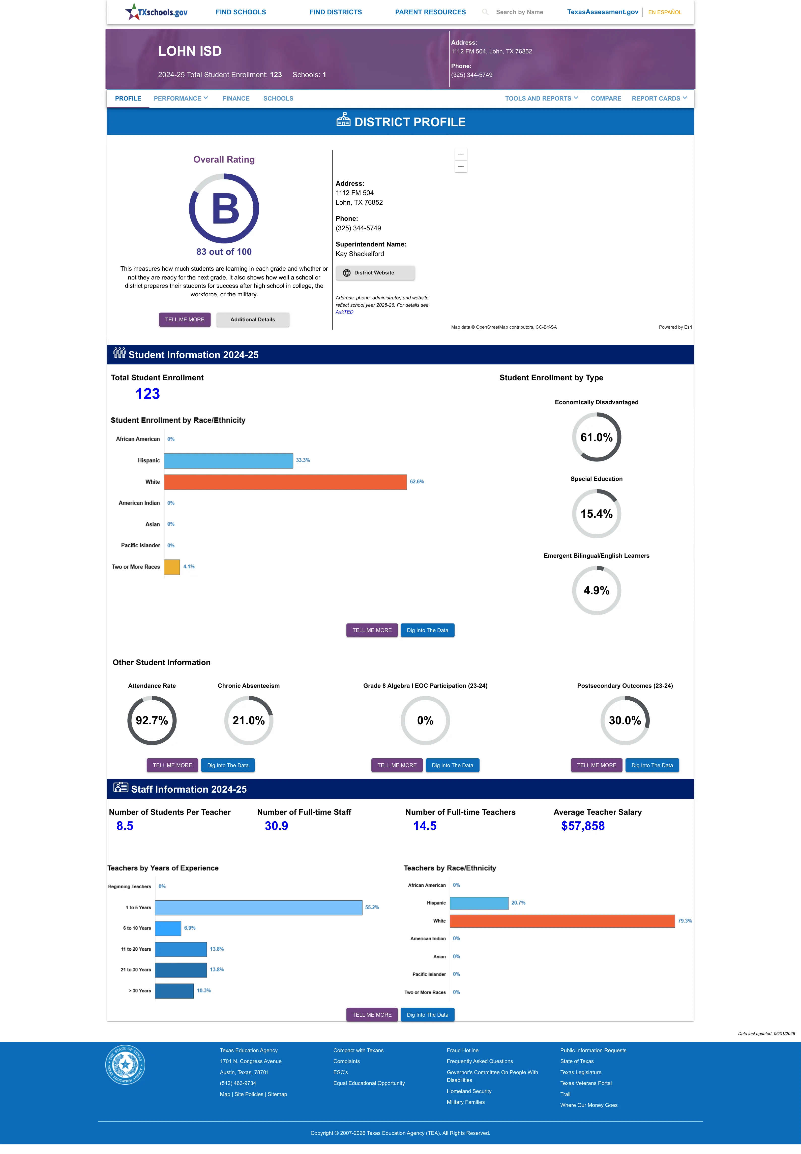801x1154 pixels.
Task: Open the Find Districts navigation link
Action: pyautogui.click(x=335, y=12)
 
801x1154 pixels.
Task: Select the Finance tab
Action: pyautogui.click(x=236, y=98)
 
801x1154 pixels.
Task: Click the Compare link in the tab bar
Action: pyautogui.click(x=606, y=98)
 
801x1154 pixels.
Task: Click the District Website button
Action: pyautogui.click(x=375, y=273)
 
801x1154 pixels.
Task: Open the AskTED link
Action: pyautogui.click(x=344, y=312)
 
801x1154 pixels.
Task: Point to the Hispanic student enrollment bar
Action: pyautogui.click(x=228, y=460)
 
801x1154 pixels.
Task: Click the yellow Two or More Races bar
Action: pyautogui.click(x=172, y=567)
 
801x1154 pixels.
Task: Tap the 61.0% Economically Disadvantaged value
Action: pyautogui.click(x=596, y=437)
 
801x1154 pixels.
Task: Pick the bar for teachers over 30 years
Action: pyautogui.click(x=174, y=990)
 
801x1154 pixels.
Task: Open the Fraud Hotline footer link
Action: pyautogui.click(x=462, y=1050)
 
